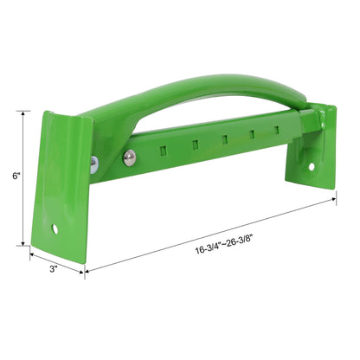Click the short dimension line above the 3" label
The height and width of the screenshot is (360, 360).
(x=57, y=260)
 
